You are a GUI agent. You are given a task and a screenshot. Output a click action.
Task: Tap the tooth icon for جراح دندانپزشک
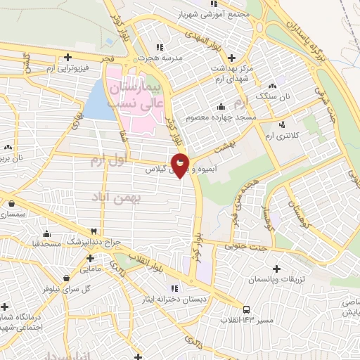[x=94, y=231]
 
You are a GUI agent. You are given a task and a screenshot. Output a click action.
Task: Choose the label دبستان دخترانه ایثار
[x=174, y=298]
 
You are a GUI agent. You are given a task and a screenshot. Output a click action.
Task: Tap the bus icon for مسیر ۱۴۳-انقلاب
[x=245, y=309]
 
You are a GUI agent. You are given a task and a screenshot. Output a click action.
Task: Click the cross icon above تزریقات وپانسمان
[x=276, y=269]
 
